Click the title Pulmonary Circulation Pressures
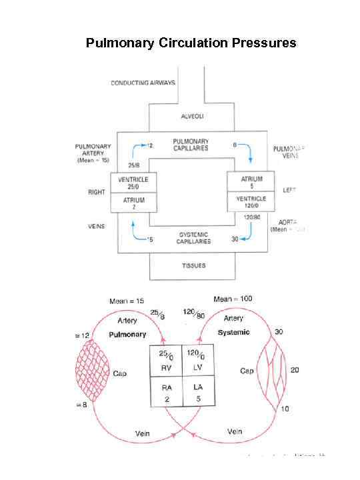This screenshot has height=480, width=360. click(x=191, y=44)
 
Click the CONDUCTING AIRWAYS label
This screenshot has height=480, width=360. click(x=143, y=83)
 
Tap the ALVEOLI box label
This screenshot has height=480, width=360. click(x=193, y=117)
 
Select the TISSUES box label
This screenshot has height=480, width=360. click(x=193, y=265)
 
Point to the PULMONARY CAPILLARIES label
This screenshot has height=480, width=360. click(x=191, y=145)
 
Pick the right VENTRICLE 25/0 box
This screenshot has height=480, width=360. click(x=133, y=183)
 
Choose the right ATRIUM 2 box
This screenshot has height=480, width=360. click(x=133, y=203)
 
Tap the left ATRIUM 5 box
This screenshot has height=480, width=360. click(x=251, y=182)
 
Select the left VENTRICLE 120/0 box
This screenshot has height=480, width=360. click(x=251, y=203)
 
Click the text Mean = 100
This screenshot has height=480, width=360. click(x=232, y=299)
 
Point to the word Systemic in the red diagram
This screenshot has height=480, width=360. click(x=233, y=332)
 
